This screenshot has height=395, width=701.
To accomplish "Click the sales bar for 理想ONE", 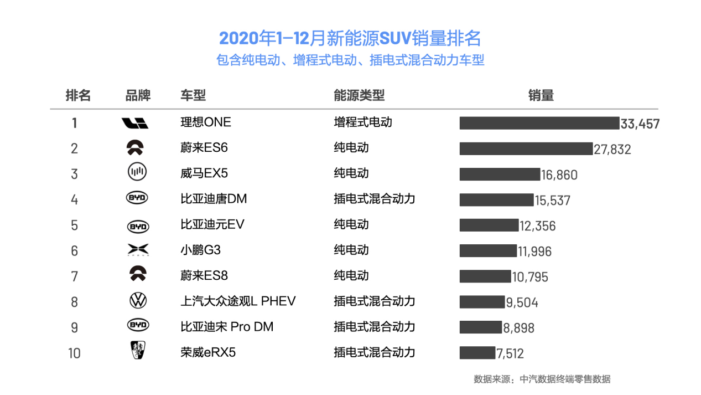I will pyautogui.click(x=538, y=123).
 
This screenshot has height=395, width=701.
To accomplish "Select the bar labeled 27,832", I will pyautogui.click(x=526, y=148).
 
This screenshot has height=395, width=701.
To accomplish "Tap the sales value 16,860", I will pyautogui.click(x=559, y=175).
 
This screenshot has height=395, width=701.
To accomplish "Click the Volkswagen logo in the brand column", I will pyautogui.click(x=137, y=301).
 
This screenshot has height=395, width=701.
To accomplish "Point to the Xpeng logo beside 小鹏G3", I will pyautogui.click(x=137, y=250).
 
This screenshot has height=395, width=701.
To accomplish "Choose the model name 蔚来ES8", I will pyautogui.click(x=204, y=275).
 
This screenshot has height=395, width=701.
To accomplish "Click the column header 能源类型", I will pyautogui.click(x=359, y=95).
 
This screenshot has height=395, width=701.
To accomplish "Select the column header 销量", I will pyautogui.click(x=541, y=95).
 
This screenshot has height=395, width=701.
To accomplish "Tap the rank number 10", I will pyautogui.click(x=74, y=353).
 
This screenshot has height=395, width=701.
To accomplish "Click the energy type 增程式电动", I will pyautogui.click(x=362, y=122).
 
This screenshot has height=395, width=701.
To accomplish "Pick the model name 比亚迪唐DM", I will pyautogui.click(x=214, y=199).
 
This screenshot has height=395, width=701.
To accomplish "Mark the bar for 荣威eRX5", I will pyautogui.click(x=477, y=352).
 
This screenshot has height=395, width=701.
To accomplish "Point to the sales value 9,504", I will pyautogui.click(x=522, y=302).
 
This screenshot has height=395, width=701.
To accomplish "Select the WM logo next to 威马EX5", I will pyautogui.click(x=137, y=173).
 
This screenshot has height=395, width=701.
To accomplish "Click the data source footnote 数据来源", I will pyautogui.click(x=542, y=379).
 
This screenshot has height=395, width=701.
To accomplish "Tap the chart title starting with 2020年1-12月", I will pyautogui.click(x=350, y=38).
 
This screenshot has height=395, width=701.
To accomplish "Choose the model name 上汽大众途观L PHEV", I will pyautogui.click(x=238, y=301).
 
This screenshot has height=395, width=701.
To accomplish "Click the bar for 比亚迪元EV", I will pyautogui.click(x=489, y=225).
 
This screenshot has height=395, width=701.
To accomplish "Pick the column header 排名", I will pyautogui.click(x=78, y=95).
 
